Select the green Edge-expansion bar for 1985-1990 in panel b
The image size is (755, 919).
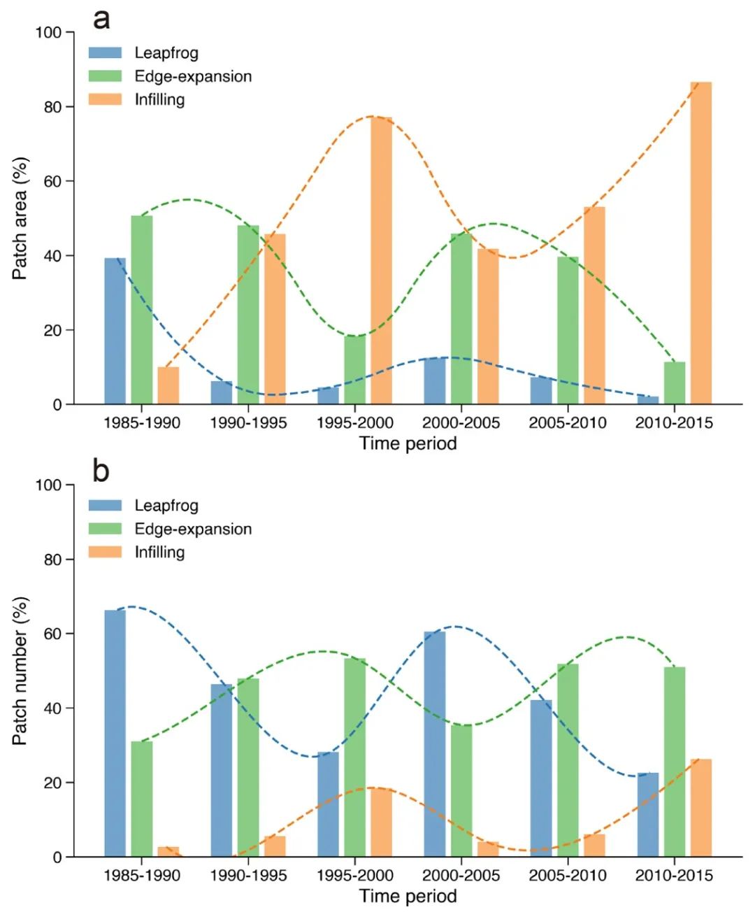coord(141,799)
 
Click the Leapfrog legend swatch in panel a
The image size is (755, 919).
coord(105,53)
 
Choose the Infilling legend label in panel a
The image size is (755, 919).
coord(159,99)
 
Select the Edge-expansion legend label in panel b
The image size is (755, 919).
coord(193,529)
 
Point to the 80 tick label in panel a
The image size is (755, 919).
coord(52,107)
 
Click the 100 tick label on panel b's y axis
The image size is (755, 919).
coord(49,485)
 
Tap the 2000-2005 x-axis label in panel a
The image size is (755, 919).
coord(461,423)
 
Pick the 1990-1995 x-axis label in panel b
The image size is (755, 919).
coord(248,876)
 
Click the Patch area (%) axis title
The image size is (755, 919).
coord(20,218)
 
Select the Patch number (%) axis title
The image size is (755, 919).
coord(20,671)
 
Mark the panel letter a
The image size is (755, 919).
coord(101,19)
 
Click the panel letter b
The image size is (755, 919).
coord(101,471)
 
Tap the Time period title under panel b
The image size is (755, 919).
coord(408,896)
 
